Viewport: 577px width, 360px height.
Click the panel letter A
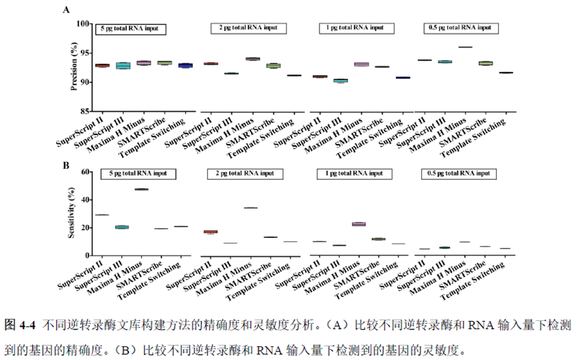click(x=66, y=10)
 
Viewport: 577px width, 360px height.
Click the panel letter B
click(x=66, y=166)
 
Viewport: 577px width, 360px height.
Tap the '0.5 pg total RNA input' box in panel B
click(x=459, y=174)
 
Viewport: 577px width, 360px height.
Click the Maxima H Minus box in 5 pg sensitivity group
click(x=141, y=189)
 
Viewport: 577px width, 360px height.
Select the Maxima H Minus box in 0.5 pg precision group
click(x=465, y=47)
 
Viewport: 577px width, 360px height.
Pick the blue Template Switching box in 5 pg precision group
click(x=186, y=65)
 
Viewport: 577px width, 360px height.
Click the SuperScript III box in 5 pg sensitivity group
click(x=122, y=227)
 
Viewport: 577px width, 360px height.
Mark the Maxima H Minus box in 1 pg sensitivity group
click(x=359, y=224)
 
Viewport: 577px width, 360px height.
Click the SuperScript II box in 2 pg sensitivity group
click(x=211, y=232)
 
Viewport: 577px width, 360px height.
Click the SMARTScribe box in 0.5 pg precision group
click(x=485, y=63)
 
